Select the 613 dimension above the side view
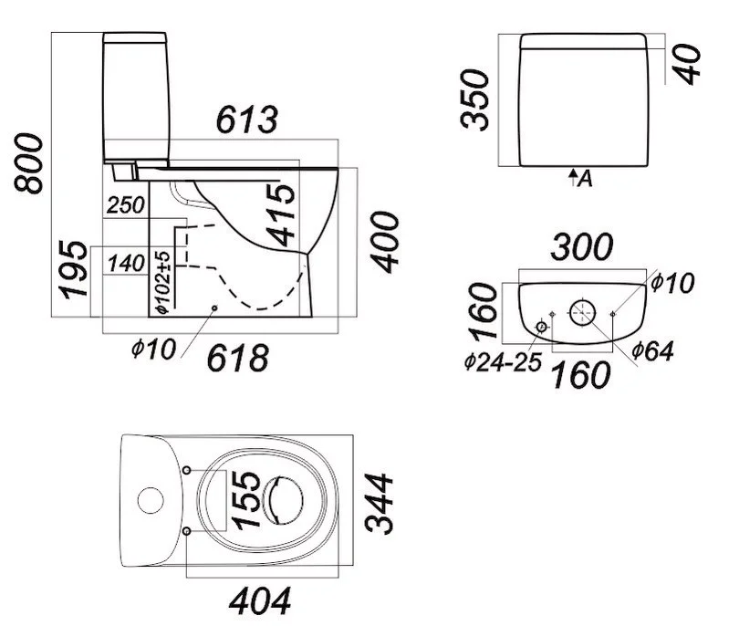click(x=246, y=120)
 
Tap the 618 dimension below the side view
click(x=239, y=358)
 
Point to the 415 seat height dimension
click(x=283, y=215)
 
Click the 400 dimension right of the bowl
click(x=386, y=241)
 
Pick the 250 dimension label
click(x=126, y=205)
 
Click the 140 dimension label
click(x=126, y=264)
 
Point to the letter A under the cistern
click(x=585, y=179)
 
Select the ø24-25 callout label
click(x=502, y=361)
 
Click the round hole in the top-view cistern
click(x=149, y=499)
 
